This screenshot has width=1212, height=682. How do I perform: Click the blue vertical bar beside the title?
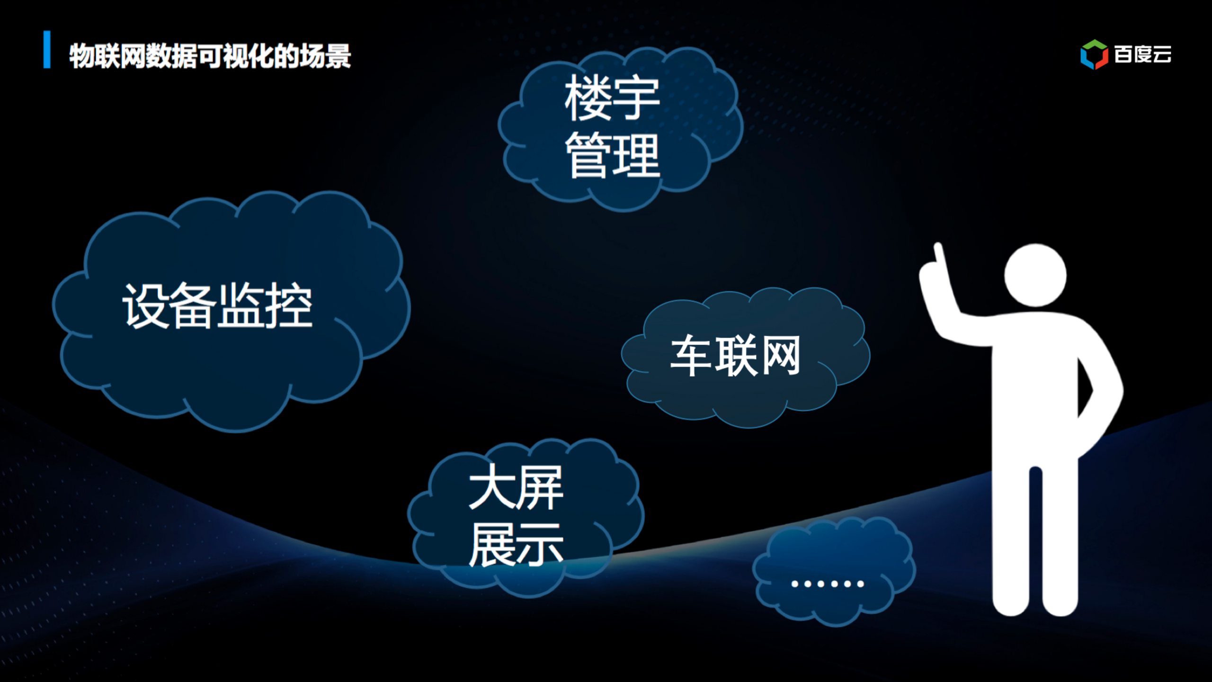[47, 50]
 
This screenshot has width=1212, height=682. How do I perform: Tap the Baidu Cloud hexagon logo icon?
[1094, 55]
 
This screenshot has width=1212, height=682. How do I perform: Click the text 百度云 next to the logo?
[1143, 55]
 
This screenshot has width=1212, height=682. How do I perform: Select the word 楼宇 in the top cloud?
[612, 98]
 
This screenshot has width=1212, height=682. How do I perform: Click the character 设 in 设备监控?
[145, 306]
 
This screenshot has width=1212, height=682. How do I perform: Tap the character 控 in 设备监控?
[289, 306]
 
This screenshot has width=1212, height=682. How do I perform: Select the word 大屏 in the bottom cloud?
[516, 487]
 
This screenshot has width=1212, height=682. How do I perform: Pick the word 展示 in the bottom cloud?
[516, 545]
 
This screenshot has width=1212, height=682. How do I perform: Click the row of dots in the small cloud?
[828, 584]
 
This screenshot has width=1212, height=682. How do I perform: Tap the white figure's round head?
[1035, 276]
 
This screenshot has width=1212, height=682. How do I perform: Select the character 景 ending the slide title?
[338, 56]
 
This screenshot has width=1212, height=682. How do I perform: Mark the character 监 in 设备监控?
[241, 306]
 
